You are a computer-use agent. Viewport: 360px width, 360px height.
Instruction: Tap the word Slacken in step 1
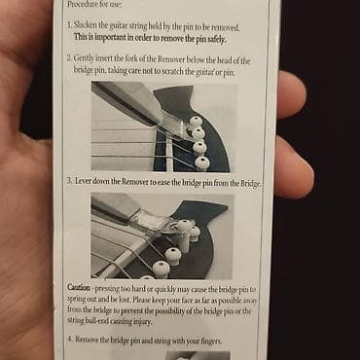(x=85, y=25)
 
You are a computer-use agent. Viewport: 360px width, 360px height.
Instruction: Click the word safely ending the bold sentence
(x=216, y=39)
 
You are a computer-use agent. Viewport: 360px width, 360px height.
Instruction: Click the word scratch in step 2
(x=172, y=71)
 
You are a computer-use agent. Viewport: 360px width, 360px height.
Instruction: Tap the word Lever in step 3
(x=83, y=181)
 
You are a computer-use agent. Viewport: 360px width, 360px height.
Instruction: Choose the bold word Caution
(x=79, y=287)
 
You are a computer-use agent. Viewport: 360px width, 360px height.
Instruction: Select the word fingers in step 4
(x=211, y=341)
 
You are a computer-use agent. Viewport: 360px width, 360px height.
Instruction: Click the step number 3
(x=69, y=181)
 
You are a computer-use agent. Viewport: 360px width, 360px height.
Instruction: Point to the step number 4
(x=70, y=340)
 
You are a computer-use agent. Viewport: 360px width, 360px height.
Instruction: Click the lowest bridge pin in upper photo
(x=202, y=162)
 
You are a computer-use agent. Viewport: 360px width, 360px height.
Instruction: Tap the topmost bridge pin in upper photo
(x=196, y=122)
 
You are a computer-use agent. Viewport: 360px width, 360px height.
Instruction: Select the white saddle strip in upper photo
(x=169, y=155)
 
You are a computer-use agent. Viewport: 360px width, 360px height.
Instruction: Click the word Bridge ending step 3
(x=250, y=184)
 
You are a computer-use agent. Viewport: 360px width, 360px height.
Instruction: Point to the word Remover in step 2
(x=170, y=59)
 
